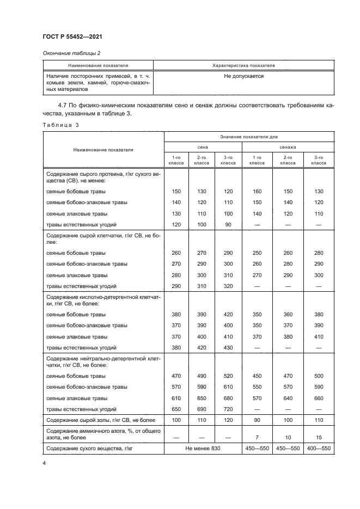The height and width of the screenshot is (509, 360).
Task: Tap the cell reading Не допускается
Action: [x=243, y=76]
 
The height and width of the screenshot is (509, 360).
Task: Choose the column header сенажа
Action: [x=288, y=147]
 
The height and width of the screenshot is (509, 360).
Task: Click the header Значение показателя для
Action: [x=249, y=137]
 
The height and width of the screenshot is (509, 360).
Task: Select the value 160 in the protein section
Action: [x=254, y=192]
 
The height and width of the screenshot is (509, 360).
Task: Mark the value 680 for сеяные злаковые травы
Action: [x=228, y=398]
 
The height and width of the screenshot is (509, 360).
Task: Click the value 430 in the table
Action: [x=228, y=347]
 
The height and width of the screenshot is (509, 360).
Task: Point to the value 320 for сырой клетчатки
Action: [x=228, y=286]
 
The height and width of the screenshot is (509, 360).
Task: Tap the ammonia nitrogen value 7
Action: [x=254, y=437]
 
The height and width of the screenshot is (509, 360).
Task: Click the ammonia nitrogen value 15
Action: [x=319, y=437]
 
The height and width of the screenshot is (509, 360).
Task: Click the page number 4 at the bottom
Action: [x=44, y=463]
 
